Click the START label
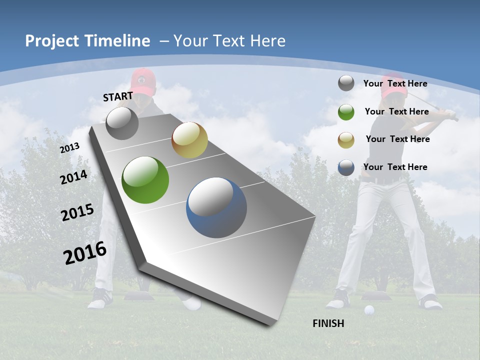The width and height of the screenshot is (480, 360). click(118, 96)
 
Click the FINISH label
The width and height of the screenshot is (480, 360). click(328, 323)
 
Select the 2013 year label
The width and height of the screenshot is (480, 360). click(70, 147)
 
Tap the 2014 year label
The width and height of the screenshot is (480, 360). click(74, 177)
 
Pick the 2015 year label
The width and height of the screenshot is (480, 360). click(77, 212)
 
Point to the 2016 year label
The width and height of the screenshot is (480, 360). click(85, 252)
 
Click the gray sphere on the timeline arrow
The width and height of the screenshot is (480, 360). click(122, 123)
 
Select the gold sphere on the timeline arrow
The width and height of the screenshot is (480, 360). click(189, 140)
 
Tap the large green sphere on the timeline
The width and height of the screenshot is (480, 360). click(145, 180)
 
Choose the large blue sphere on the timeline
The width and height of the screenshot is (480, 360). click(216, 207)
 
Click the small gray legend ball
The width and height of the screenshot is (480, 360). click(346, 83)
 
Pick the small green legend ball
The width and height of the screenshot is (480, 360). click(346, 111)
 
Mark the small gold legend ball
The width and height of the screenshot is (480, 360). click(346, 139)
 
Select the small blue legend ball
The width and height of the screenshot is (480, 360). click(346, 167)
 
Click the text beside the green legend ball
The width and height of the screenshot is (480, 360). click(396, 111)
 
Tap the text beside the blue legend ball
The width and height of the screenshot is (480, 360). click(395, 167)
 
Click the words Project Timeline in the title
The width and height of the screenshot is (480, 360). click(87, 41)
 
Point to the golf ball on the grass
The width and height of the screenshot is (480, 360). click(369, 310)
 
